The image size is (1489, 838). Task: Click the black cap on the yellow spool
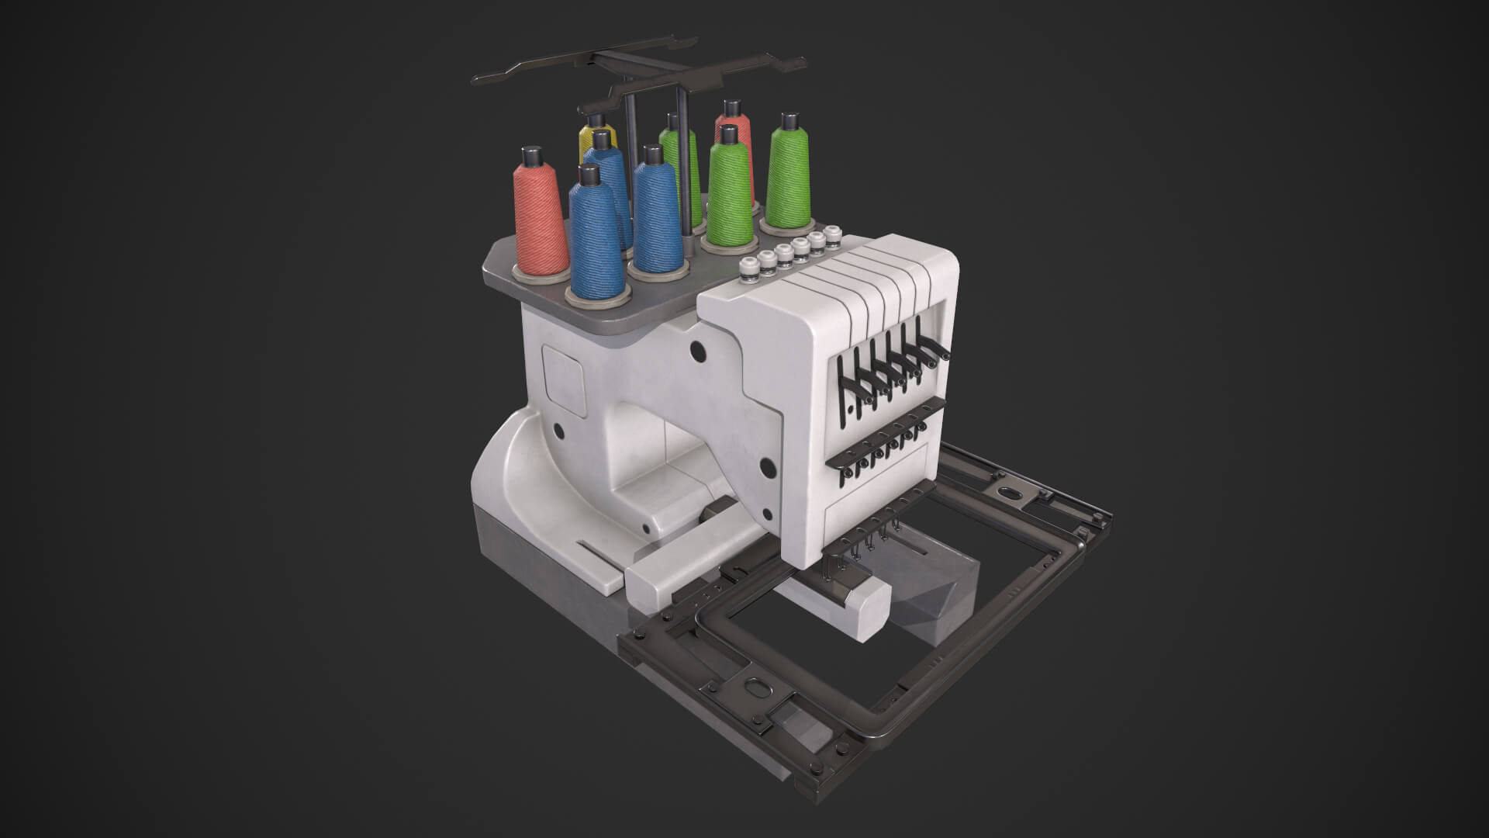[x=596, y=119]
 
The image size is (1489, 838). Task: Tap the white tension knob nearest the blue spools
[x=748, y=268]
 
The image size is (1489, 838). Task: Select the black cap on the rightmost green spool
[x=789, y=122]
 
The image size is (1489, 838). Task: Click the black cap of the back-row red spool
[x=730, y=108]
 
